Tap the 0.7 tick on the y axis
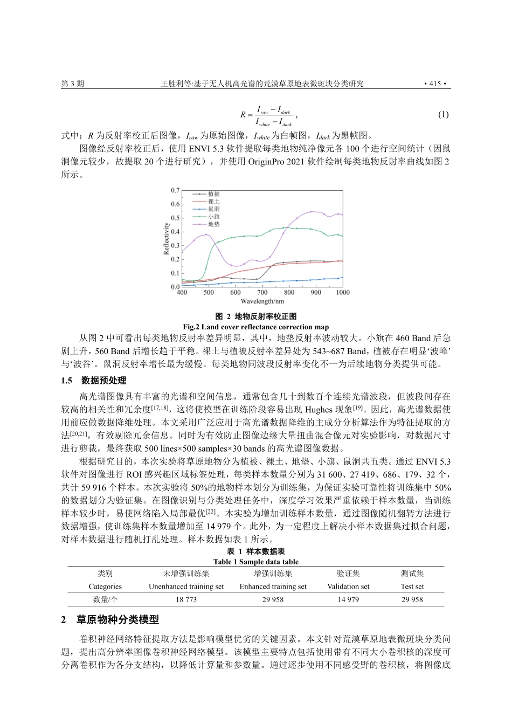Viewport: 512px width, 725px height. pos(175,191)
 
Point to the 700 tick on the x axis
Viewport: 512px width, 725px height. pos(262,293)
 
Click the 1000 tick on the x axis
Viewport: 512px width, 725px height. pos(343,293)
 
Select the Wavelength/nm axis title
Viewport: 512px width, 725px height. pos(262,301)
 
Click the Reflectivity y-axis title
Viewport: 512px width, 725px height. pos(167,238)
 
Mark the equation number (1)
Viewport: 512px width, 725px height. pos(443,114)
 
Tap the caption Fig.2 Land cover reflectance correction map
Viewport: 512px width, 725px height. pos(256,327)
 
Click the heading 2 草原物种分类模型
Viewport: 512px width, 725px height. pos(110,620)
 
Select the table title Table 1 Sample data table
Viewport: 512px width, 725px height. pos(256,562)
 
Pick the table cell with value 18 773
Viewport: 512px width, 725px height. pos(186,599)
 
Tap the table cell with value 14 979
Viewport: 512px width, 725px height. pos(348,599)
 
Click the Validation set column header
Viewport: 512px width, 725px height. pos(348,586)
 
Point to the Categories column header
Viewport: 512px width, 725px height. pos(105,586)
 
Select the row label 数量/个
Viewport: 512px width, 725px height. pos(105,599)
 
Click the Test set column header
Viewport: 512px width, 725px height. pos(412,586)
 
